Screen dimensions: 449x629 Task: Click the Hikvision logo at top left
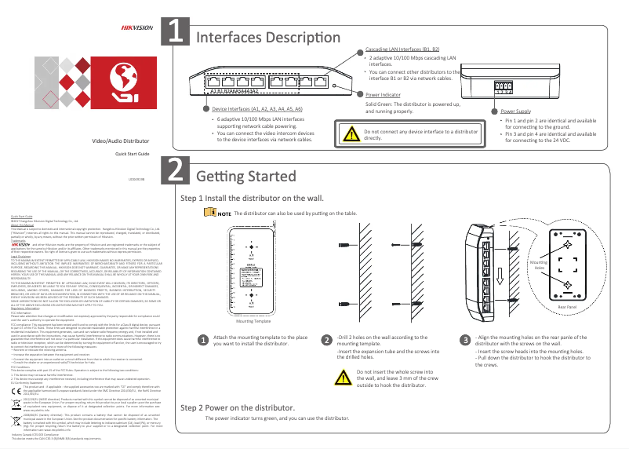(134, 27)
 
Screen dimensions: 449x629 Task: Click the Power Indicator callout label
(384, 94)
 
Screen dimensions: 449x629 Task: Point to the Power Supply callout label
(515, 111)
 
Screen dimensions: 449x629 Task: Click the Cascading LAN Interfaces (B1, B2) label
(403, 49)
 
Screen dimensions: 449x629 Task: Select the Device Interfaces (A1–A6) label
(258, 109)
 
